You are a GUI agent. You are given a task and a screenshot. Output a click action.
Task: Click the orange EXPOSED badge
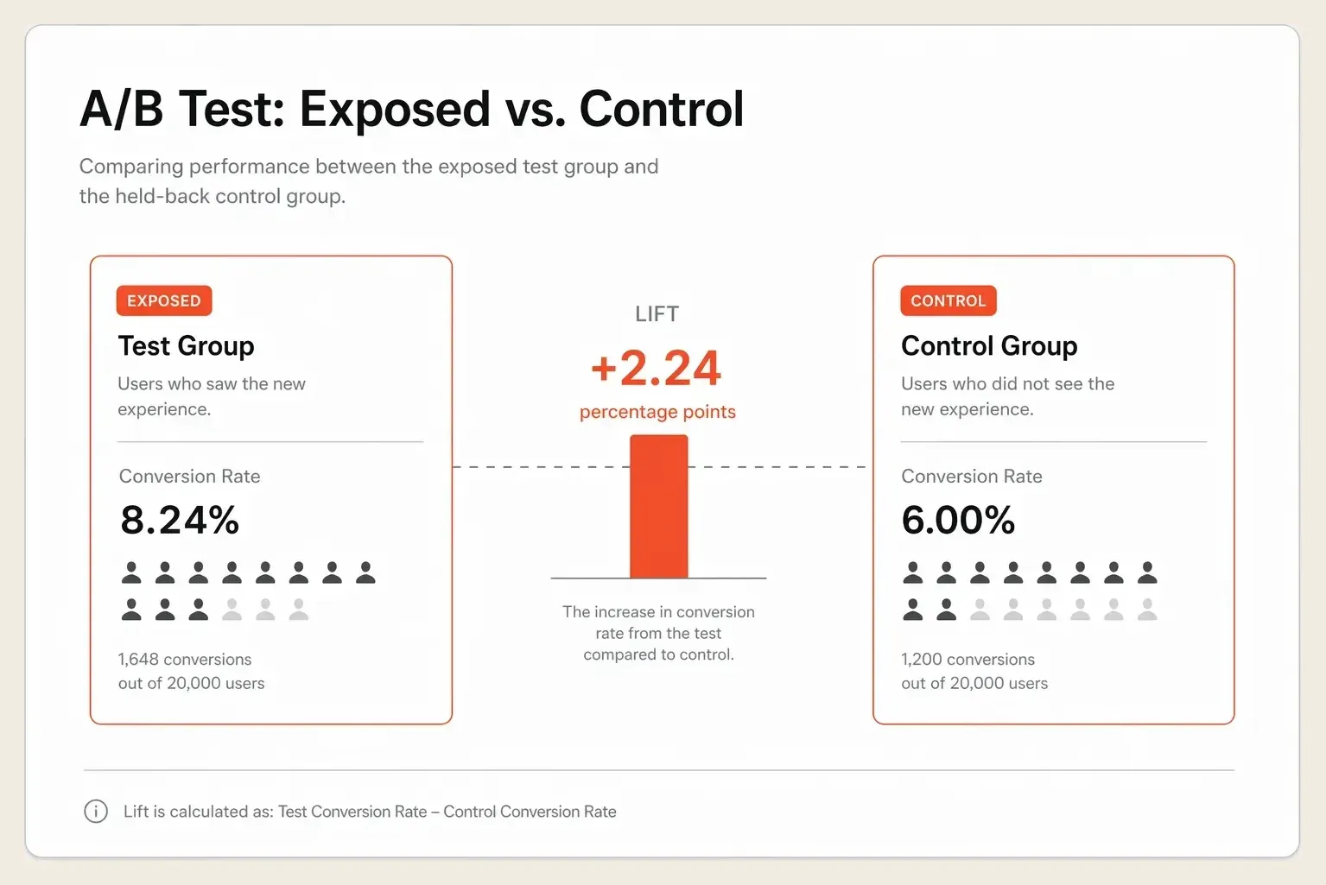pos(164,300)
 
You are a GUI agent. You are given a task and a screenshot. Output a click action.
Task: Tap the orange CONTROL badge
pos(949,300)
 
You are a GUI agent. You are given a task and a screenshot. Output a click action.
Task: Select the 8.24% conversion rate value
pos(180,520)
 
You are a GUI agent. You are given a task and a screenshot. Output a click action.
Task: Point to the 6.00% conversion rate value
pos(958,520)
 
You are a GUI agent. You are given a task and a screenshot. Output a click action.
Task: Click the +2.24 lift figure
pos(656,368)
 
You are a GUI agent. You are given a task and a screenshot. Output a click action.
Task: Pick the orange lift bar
pos(659,506)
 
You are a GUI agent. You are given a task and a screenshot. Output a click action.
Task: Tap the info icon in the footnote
pos(96,811)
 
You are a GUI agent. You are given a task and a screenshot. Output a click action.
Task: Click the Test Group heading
pos(186,345)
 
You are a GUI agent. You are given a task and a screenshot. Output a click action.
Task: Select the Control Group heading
pos(989,345)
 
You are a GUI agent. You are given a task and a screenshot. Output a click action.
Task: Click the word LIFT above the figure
pos(657,313)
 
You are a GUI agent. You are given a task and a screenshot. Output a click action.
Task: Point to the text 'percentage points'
pos(657,412)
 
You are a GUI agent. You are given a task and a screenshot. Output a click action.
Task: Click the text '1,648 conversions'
pos(185,659)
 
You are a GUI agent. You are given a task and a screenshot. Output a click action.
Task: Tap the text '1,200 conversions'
pos(968,659)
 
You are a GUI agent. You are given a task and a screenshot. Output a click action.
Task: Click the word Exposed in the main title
pos(395,110)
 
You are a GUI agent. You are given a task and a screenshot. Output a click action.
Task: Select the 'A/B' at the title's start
pos(121,109)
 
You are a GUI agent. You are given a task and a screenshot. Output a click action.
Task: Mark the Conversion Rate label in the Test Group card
pos(189,477)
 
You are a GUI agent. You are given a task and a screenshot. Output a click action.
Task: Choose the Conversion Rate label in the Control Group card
pos(972,477)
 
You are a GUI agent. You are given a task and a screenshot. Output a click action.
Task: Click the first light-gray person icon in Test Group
pos(232,610)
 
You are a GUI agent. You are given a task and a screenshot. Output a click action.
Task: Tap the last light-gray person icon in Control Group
pos(1147,610)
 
